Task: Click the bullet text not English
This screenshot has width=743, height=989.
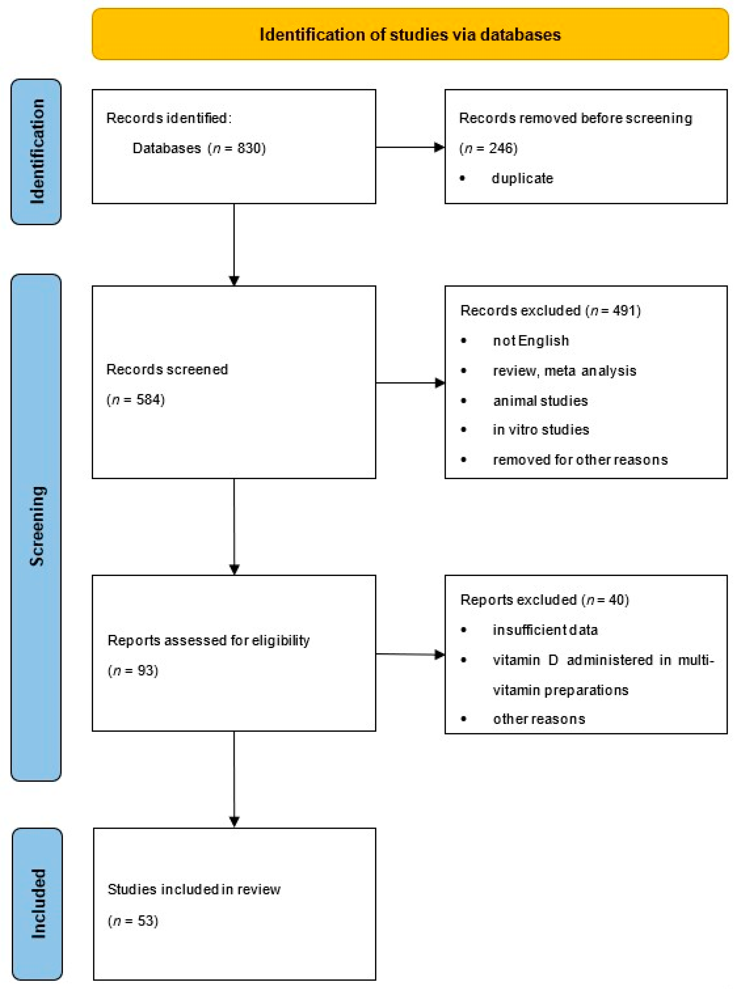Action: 530,341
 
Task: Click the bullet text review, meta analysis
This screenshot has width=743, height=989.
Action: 564,371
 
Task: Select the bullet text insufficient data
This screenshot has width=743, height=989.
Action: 545,630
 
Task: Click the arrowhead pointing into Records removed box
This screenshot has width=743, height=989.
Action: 439,147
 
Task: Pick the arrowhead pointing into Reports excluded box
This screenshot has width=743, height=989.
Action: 439,655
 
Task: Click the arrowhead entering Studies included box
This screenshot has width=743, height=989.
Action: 234,821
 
